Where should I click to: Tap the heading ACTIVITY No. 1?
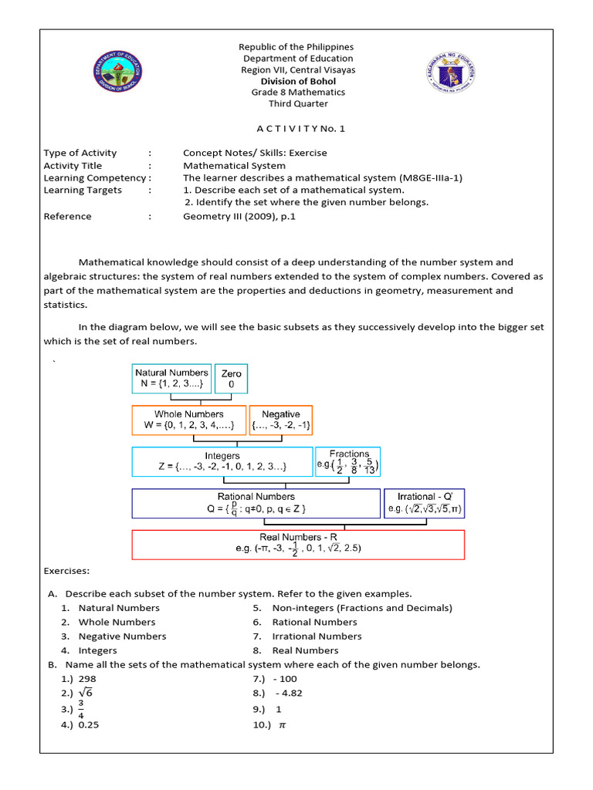[x=297, y=129]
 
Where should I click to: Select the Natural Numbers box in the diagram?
[x=171, y=379]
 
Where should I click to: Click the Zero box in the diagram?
[x=231, y=379]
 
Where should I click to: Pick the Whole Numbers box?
[x=189, y=420]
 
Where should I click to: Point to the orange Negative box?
[x=281, y=420]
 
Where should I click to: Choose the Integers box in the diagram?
[x=222, y=461]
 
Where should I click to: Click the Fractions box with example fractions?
[x=347, y=461]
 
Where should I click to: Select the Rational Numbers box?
[x=256, y=503]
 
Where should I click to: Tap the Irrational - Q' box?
[x=424, y=503]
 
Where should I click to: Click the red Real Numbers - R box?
[x=298, y=543]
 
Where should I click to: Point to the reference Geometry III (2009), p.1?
[x=239, y=217]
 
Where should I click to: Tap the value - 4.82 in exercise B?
[x=288, y=693]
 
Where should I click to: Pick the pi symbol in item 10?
[x=282, y=725]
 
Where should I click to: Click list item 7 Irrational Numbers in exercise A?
[x=317, y=636]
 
